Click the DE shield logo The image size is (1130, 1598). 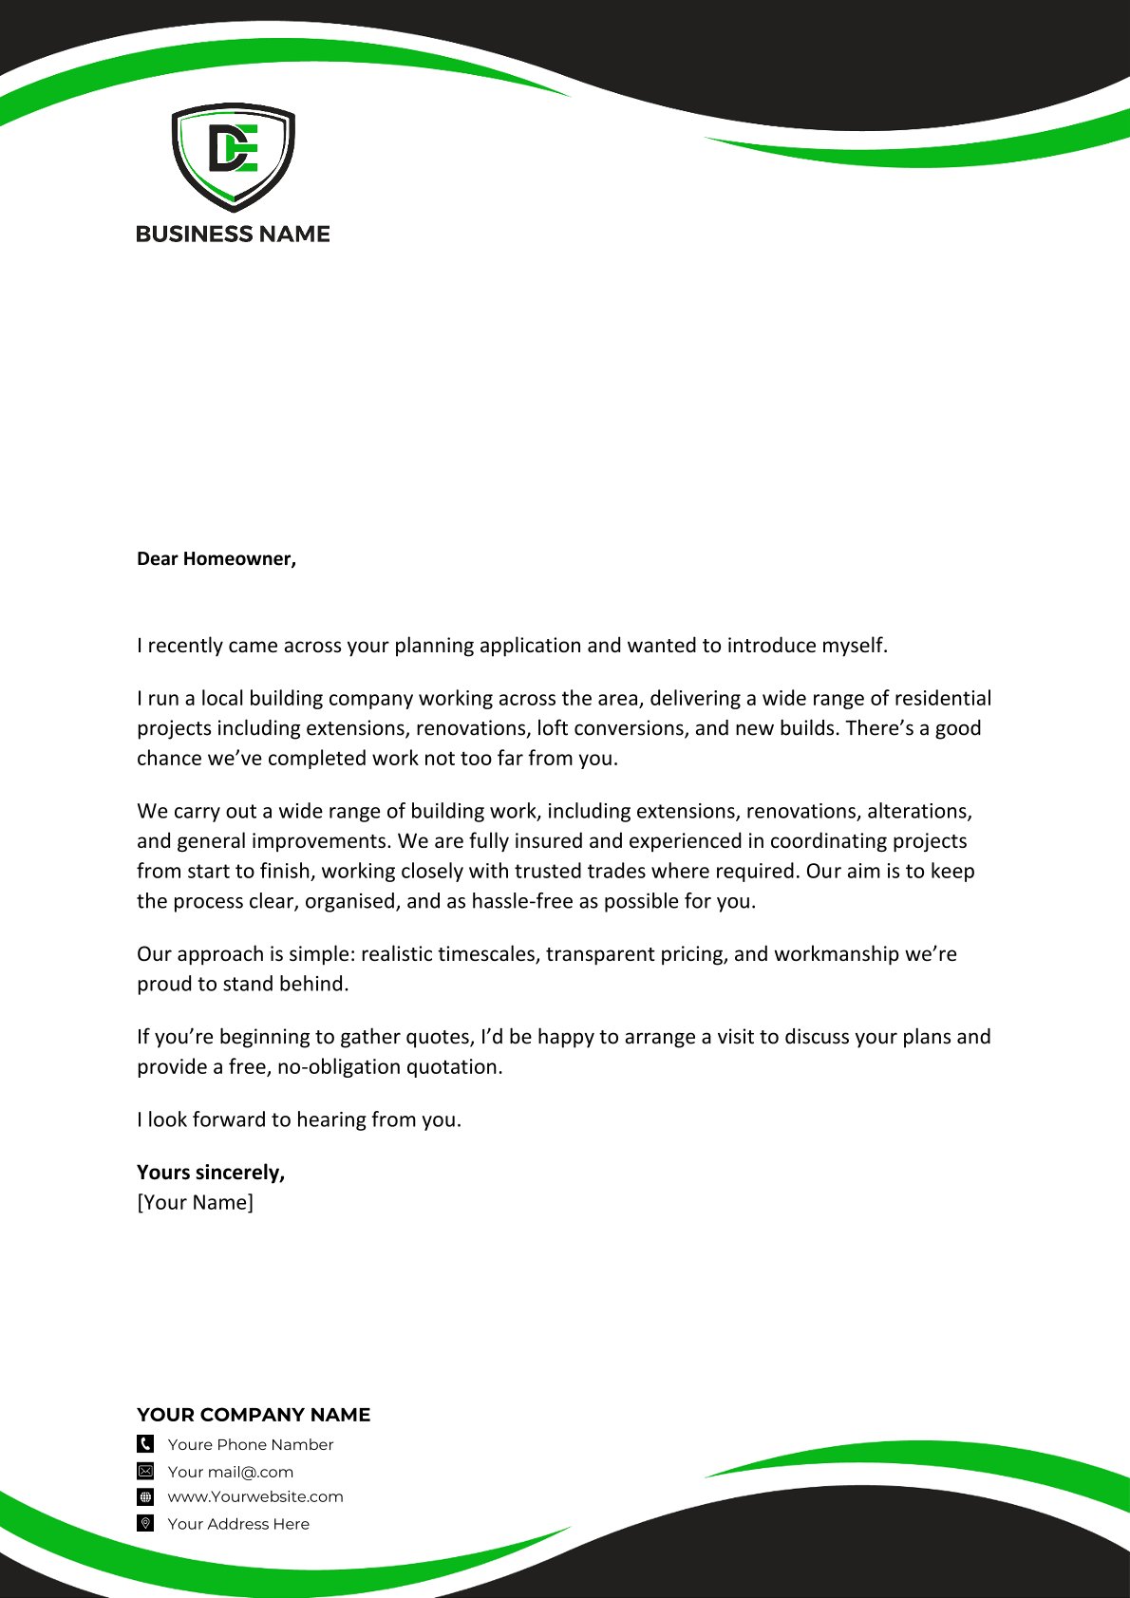pos(233,156)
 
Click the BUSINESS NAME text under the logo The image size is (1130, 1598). pos(233,235)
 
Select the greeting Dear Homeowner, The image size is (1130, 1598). pos(217,559)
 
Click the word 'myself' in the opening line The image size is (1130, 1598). pos(852,646)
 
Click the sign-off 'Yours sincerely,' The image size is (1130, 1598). pos(211,1173)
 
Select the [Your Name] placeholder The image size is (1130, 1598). pos(196,1203)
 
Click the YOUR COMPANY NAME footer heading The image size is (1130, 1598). pos(254,1415)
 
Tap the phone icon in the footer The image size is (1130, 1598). pos(145,1444)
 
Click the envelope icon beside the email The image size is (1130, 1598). pos(145,1472)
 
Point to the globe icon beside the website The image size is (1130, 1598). pos(145,1497)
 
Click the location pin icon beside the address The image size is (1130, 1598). pos(145,1524)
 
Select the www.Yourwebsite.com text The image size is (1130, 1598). pos(255,1497)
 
